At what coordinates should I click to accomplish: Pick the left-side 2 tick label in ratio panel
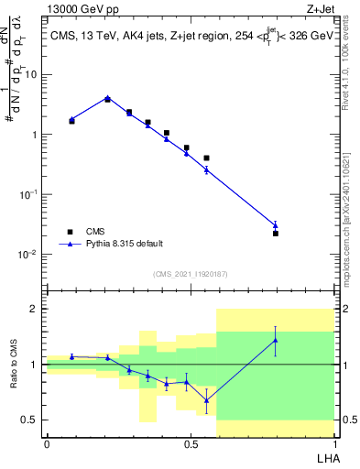tap(34, 310)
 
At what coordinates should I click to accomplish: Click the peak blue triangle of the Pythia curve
tap(108, 98)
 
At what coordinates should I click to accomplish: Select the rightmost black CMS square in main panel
tap(275, 234)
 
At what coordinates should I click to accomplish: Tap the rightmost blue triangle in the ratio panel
tap(275, 340)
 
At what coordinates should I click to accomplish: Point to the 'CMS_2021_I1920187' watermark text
tap(190, 274)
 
